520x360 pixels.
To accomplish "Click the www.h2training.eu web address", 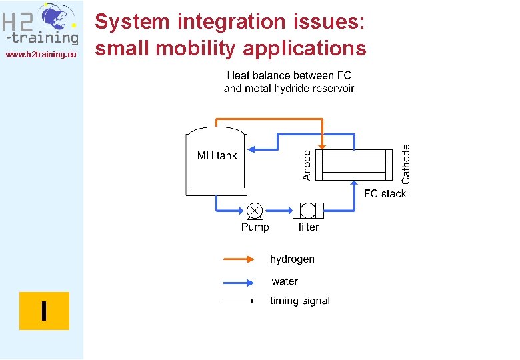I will tap(41, 54).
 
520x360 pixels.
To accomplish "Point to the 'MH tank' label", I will tap(217, 156).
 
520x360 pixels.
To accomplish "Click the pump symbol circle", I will tap(254, 211).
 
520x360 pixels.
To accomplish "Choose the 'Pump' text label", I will tap(255, 227).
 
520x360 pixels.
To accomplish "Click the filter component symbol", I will tap(308, 211).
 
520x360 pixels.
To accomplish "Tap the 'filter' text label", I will tap(308, 227).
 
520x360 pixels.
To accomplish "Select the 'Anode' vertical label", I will tap(307, 165).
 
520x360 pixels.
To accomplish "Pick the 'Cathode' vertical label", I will tap(406, 165).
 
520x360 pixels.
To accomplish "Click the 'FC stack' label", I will tap(385, 194).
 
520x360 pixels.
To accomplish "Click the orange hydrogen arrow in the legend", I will tap(238, 259).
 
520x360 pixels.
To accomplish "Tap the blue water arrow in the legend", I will tap(238, 281).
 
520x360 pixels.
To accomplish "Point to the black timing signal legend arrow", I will tap(238, 301).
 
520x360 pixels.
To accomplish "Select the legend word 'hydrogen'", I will tap(292, 259).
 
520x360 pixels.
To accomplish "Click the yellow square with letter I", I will tap(44, 311).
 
